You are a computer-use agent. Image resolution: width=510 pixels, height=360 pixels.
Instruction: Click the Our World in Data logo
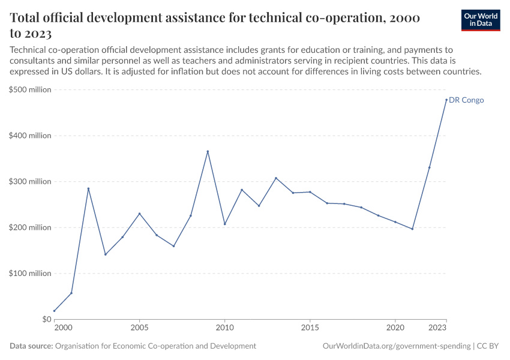click(480, 20)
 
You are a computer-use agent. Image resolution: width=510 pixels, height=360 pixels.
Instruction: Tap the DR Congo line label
click(466, 100)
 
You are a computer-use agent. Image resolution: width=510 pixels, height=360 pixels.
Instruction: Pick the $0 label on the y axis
click(46, 319)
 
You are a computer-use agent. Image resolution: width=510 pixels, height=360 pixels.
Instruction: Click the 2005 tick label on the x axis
click(140, 328)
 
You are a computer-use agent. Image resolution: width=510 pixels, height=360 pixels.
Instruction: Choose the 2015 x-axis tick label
click(310, 328)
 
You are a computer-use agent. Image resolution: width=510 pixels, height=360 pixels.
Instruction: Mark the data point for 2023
click(446, 100)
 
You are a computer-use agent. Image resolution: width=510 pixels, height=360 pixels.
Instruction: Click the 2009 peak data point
click(208, 151)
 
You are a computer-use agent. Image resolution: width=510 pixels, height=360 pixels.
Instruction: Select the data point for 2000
click(55, 311)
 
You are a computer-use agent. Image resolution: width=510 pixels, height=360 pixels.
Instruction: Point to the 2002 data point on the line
click(88, 188)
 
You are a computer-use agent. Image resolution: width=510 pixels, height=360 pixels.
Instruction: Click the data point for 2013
click(276, 178)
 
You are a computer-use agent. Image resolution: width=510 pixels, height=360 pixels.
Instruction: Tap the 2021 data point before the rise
click(412, 229)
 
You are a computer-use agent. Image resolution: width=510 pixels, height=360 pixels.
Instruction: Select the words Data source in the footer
click(31, 346)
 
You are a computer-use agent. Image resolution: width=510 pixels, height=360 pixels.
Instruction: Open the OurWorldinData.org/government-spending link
click(396, 346)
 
